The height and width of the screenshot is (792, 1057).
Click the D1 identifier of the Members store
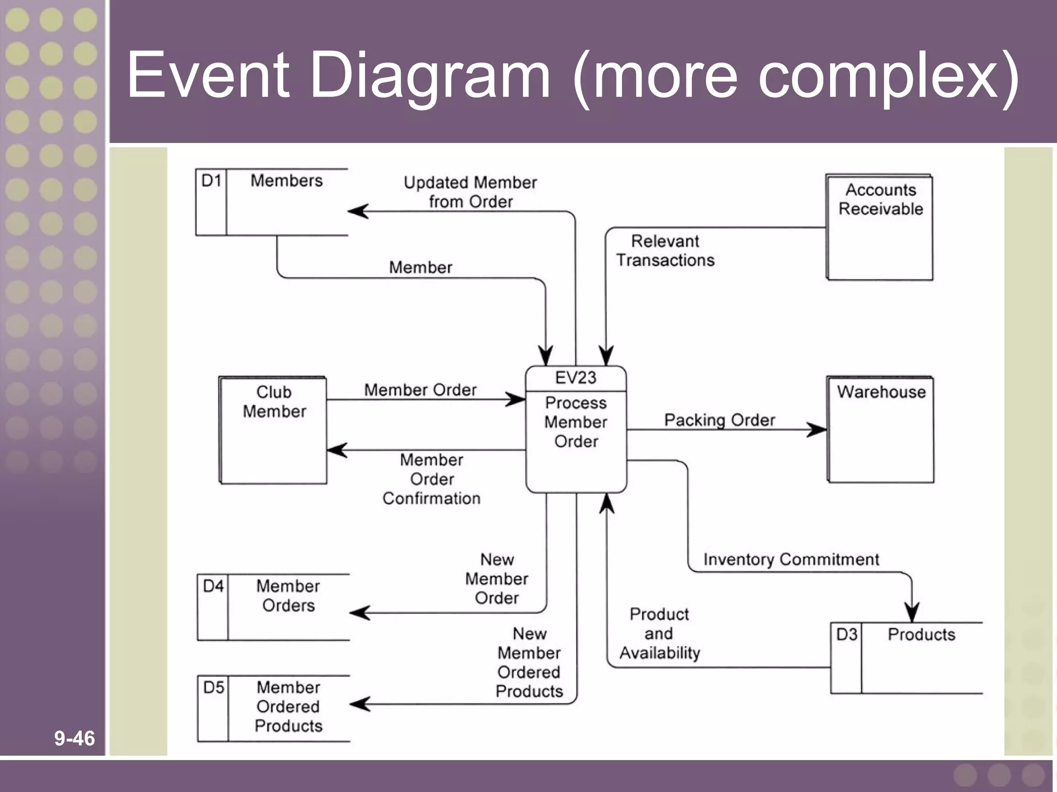click(x=211, y=181)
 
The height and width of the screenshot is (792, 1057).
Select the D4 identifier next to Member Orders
click(x=213, y=586)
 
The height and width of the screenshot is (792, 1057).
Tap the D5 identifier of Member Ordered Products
click(x=214, y=687)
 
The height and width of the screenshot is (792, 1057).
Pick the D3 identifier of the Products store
click(x=846, y=634)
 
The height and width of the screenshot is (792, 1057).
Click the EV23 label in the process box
click(x=575, y=378)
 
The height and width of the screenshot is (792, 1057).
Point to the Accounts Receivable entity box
click(x=880, y=228)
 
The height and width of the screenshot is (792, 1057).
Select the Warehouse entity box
click(x=881, y=430)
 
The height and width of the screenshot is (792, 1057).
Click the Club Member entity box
click(x=274, y=430)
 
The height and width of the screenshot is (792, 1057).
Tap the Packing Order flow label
click(x=719, y=420)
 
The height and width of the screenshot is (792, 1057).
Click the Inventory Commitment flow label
click(x=791, y=559)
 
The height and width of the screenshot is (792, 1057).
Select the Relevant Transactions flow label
click(x=665, y=251)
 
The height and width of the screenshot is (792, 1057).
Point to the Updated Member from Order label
click(x=470, y=192)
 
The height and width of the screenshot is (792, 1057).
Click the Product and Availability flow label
click(x=660, y=633)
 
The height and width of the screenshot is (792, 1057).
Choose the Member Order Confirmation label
click(x=431, y=479)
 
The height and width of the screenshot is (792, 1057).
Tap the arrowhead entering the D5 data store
click(x=359, y=704)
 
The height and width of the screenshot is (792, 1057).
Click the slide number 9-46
click(x=74, y=738)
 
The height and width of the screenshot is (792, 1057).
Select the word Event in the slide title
click(x=207, y=75)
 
